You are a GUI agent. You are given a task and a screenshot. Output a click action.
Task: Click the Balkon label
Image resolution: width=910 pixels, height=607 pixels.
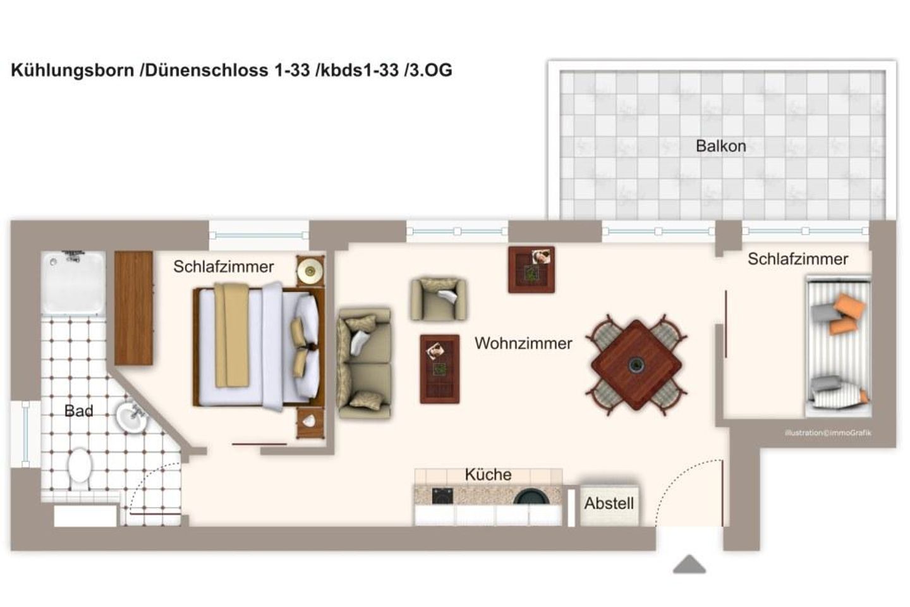(x=720, y=146)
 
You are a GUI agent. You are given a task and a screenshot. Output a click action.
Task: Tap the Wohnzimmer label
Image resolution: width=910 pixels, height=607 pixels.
(x=523, y=343)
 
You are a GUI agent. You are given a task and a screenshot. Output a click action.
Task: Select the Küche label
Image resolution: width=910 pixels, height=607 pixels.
(x=488, y=474)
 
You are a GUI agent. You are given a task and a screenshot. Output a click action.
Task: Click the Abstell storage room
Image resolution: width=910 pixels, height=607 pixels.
(x=609, y=504)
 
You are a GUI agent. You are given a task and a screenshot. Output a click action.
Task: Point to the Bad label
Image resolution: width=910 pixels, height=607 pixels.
(x=79, y=411)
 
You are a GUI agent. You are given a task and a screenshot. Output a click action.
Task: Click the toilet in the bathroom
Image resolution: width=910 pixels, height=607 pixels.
(x=80, y=467)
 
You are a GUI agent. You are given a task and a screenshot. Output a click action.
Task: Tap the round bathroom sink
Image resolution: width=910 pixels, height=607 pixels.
(x=131, y=417)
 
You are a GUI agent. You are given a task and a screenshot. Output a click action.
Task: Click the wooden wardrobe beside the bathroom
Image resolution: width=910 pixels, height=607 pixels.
(x=134, y=308)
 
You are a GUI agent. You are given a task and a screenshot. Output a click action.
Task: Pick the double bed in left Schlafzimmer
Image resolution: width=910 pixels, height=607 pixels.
(x=256, y=346)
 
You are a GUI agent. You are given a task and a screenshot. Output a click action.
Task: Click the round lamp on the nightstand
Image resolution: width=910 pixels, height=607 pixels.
(x=310, y=271)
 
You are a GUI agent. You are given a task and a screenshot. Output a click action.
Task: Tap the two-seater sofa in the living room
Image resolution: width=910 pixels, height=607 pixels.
(x=365, y=363)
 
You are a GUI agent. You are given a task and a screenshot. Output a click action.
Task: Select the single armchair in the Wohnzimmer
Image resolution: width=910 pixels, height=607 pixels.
(x=439, y=299)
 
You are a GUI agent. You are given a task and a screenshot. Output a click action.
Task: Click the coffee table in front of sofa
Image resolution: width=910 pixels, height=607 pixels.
(x=440, y=369)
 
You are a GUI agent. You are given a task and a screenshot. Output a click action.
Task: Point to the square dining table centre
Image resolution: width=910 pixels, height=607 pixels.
(x=636, y=364)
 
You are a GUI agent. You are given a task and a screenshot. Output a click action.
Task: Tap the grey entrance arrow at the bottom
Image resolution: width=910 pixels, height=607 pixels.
(x=689, y=564)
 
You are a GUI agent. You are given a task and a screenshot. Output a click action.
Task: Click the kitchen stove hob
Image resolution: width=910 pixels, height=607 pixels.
(x=442, y=496)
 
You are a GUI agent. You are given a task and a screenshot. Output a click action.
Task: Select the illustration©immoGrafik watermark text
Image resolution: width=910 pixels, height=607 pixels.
(x=828, y=433)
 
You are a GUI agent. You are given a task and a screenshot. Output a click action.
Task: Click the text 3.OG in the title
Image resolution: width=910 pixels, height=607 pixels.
(x=430, y=70)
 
